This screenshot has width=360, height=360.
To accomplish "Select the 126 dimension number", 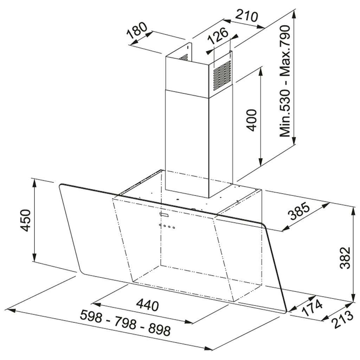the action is (x=218, y=37).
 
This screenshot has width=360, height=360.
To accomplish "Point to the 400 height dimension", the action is (x=251, y=120).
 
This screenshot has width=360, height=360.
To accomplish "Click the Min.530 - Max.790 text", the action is (x=285, y=81).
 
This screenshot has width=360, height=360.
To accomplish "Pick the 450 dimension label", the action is (x=25, y=220).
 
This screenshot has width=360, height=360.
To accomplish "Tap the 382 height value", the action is (x=345, y=258).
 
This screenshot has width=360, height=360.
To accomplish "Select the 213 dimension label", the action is (x=342, y=319).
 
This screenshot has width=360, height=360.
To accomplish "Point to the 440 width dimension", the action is (x=147, y=305).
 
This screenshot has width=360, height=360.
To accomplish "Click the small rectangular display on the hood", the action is (x=165, y=215).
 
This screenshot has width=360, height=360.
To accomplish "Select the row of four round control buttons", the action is (x=167, y=226).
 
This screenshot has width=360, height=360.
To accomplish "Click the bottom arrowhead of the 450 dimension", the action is (x=34, y=257).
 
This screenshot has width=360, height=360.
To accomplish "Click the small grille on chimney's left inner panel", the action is (x=184, y=57).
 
